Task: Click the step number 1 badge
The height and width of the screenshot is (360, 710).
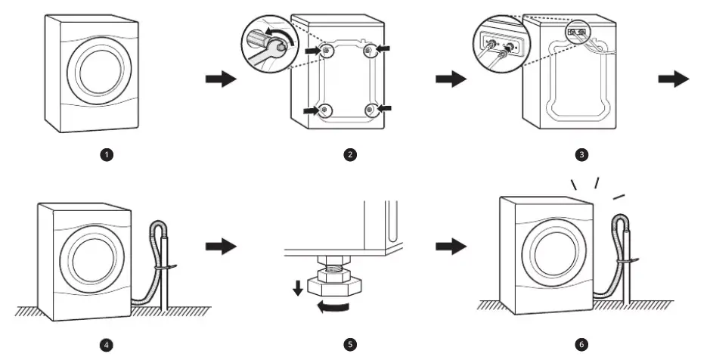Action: [x=107, y=154]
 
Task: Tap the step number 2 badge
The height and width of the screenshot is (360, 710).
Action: [x=349, y=154]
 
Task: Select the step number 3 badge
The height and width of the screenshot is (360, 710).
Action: [x=581, y=154]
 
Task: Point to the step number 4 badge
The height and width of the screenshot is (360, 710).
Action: [x=107, y=345]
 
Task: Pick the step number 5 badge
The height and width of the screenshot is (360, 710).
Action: [x=349, y=345]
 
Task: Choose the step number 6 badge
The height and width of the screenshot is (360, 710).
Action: [x=581, y=345]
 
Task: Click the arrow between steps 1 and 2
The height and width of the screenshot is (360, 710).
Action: [x=221, y=79]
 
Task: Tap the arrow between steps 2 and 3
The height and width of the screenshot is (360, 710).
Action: [x=452, y=79]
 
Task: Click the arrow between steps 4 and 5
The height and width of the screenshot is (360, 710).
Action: [x=221, y=247]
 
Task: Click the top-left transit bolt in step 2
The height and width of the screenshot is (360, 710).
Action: [x=326, y=51]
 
